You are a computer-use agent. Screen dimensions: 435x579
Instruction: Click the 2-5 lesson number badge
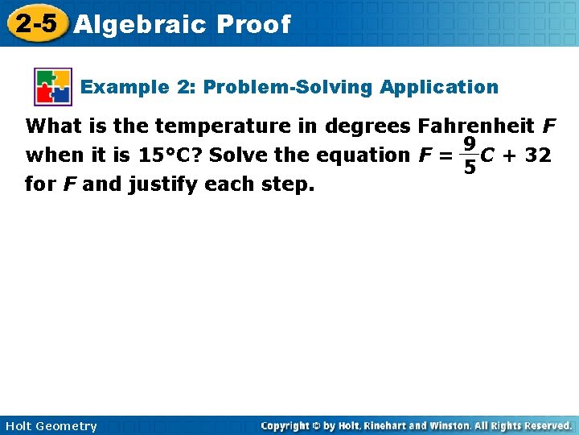click(x=37, y=23)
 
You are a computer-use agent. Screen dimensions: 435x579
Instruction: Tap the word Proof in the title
click(x=253, y=25)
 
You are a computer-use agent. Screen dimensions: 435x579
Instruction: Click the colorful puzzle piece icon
click(x=53, y=87)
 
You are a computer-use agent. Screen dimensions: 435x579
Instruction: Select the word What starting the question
click(x=53, y=126)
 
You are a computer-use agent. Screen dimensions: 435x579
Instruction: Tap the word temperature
click(x=211, y=126)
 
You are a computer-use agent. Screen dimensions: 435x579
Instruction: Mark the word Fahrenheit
click(x=477, y=126)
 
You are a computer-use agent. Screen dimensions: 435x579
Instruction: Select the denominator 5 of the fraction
click(x=468, y=168)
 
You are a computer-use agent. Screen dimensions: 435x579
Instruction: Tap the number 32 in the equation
click(x=537, y=155)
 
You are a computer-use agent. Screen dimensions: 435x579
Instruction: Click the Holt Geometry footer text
click(x=51, y=426)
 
